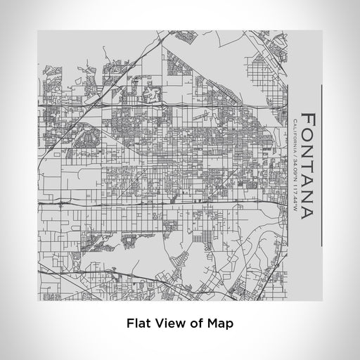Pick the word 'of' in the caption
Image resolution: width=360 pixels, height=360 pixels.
point(195,325)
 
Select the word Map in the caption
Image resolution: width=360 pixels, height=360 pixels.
point(219,325)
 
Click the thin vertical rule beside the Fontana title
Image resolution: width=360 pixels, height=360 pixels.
point(322,165)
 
